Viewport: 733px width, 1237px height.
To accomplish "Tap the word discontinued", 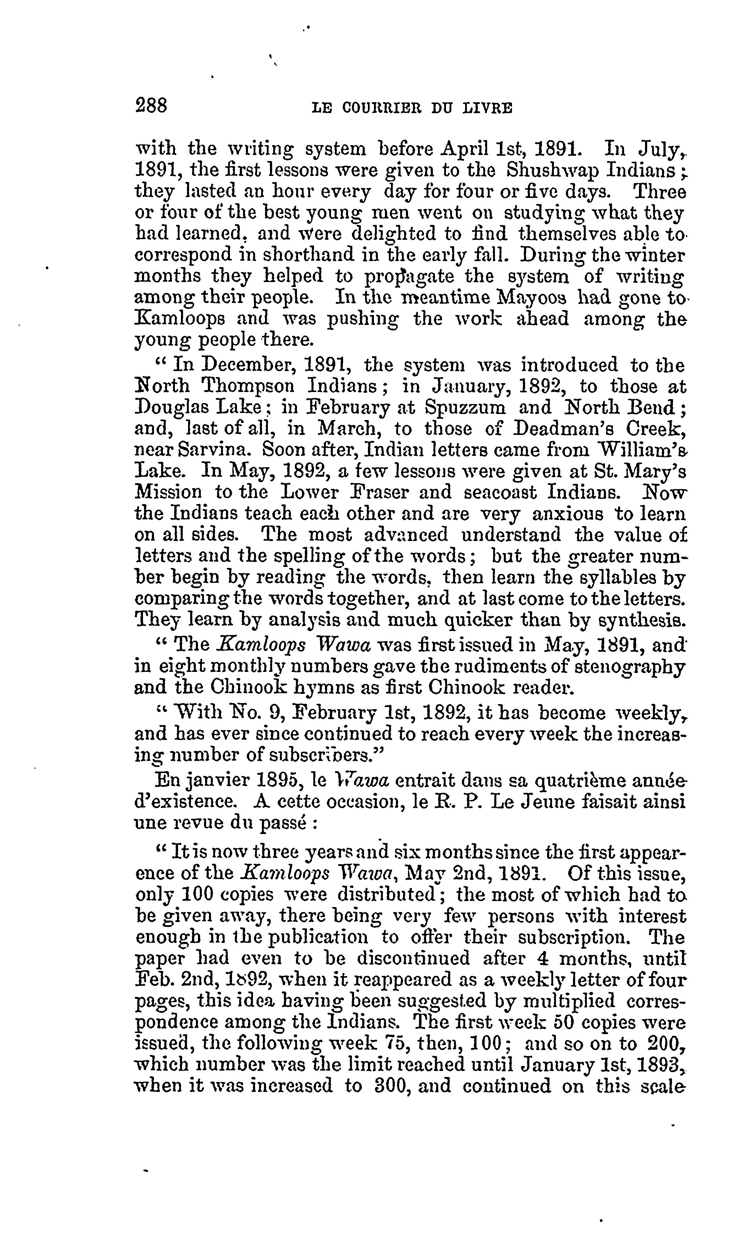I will coord(413,959).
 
